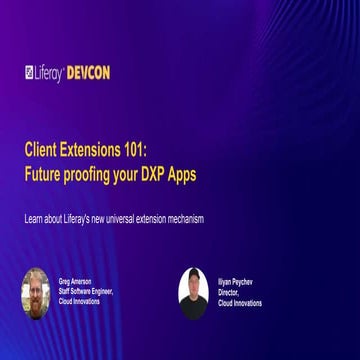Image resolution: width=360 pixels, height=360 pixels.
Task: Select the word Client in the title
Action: point(42,148)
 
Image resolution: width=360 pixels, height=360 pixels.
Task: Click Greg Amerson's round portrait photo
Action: point(35,289)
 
